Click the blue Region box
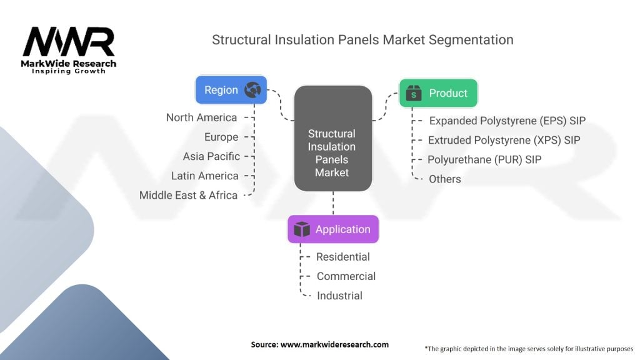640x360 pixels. tap(231, 90)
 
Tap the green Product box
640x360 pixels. tap(438, 93)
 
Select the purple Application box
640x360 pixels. tap(332, 229)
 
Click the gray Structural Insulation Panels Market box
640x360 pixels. tap(332, 138)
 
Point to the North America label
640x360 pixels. tap(201, 117)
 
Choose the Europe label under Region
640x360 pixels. tap(221, 137)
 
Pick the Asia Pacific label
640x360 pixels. tap(211, 156)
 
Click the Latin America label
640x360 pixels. tap(205, 176)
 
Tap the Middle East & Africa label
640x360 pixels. tap(188, 195)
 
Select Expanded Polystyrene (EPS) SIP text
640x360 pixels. tap(507, 121)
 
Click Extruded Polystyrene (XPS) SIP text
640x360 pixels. tap(504, 140)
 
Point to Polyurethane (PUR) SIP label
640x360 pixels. tap(484, 159)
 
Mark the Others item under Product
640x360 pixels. tap(445, 179)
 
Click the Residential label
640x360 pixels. tap(343, 257)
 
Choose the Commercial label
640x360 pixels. tap(346, 276)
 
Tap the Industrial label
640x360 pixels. tap(339, 296)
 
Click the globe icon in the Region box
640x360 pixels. tap(253, 90)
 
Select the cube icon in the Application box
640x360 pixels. tap(302, 229)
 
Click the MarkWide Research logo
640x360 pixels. tap(69, 51)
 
